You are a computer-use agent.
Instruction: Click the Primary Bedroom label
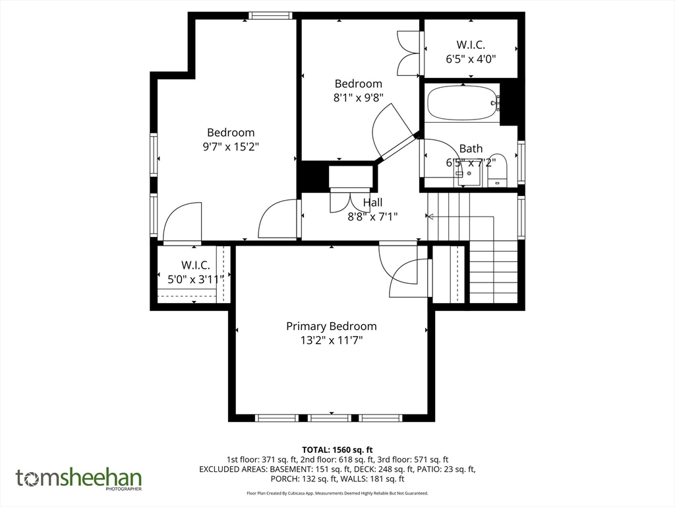tap(332, 326)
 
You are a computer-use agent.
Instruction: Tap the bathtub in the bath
tap(463, 103)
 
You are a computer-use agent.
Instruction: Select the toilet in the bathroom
tap(498, 170)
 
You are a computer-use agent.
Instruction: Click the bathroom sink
tap(469, 174)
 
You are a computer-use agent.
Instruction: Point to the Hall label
tap(372, 202)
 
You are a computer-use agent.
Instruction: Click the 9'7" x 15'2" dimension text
tap(231, 147)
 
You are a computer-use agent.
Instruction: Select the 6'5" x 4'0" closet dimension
tap(471, 59)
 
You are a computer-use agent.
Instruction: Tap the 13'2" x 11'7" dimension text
tap(332, 341)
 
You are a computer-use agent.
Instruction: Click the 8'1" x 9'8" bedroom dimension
tap(358, 98)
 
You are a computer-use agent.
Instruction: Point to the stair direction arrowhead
tap(430, 216)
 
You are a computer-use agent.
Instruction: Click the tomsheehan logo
tap(79, 479)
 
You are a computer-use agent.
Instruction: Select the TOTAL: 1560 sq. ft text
tap(337, 450)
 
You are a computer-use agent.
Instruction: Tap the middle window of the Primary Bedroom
tap(330, 418)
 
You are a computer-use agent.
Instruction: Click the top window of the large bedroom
tap(271, 16)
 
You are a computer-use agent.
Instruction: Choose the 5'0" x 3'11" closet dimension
tap(196, 279)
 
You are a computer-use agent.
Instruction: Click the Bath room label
tap(471, 149)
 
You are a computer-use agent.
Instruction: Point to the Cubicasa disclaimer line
tap(337, 493)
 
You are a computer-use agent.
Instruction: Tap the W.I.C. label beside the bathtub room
tap(471, 44)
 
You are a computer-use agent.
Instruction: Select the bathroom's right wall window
tap(521, 162)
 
